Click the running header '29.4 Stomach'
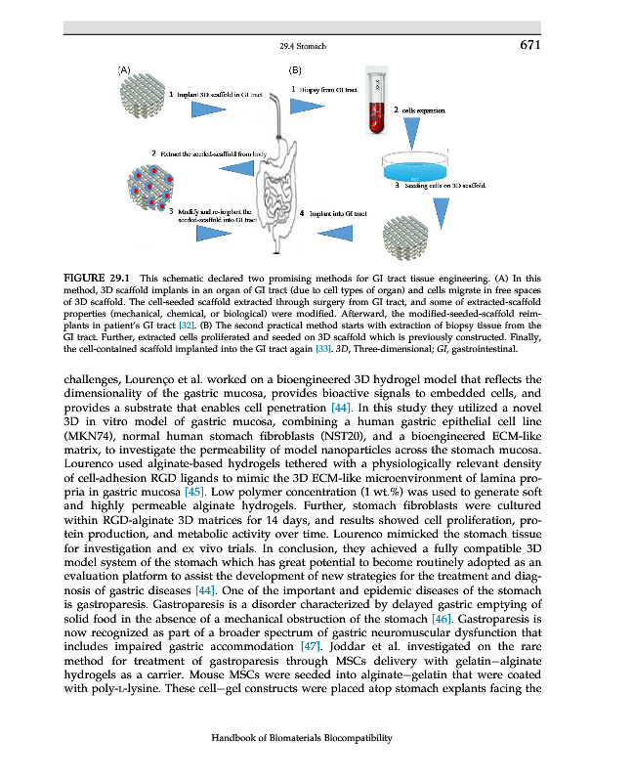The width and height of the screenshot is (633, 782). (x=302, y=46)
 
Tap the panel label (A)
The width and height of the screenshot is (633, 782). (x=124, y=70)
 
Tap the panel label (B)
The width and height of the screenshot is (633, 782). (x=296, y=70)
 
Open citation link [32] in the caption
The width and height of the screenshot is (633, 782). (x=193, y=323)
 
